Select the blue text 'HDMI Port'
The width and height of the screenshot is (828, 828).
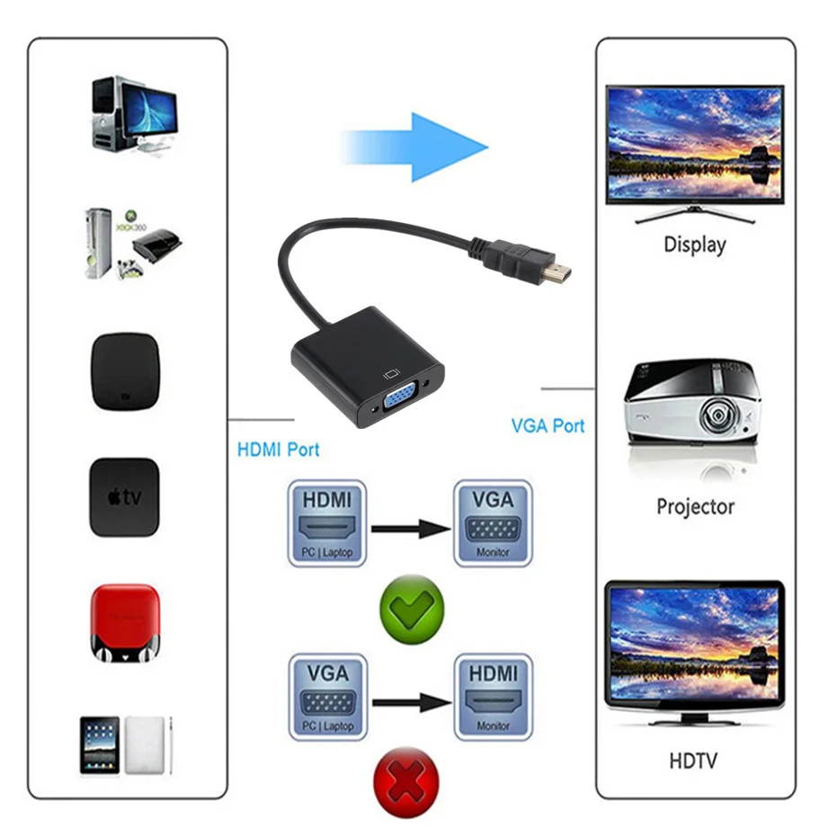click(278, 449)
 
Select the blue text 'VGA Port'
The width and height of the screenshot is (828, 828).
click(548, 425)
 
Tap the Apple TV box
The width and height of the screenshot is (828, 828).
click(124, 497)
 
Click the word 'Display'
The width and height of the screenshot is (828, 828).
click(694, 244)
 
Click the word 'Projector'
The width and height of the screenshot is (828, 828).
click(695, 506)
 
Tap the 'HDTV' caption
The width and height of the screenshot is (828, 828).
click(693, 761)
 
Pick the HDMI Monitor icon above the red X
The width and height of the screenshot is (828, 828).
click(492, 696)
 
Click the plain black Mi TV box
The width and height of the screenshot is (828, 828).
click(125, 372)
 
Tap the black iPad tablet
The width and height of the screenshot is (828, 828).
click(100, 744)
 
